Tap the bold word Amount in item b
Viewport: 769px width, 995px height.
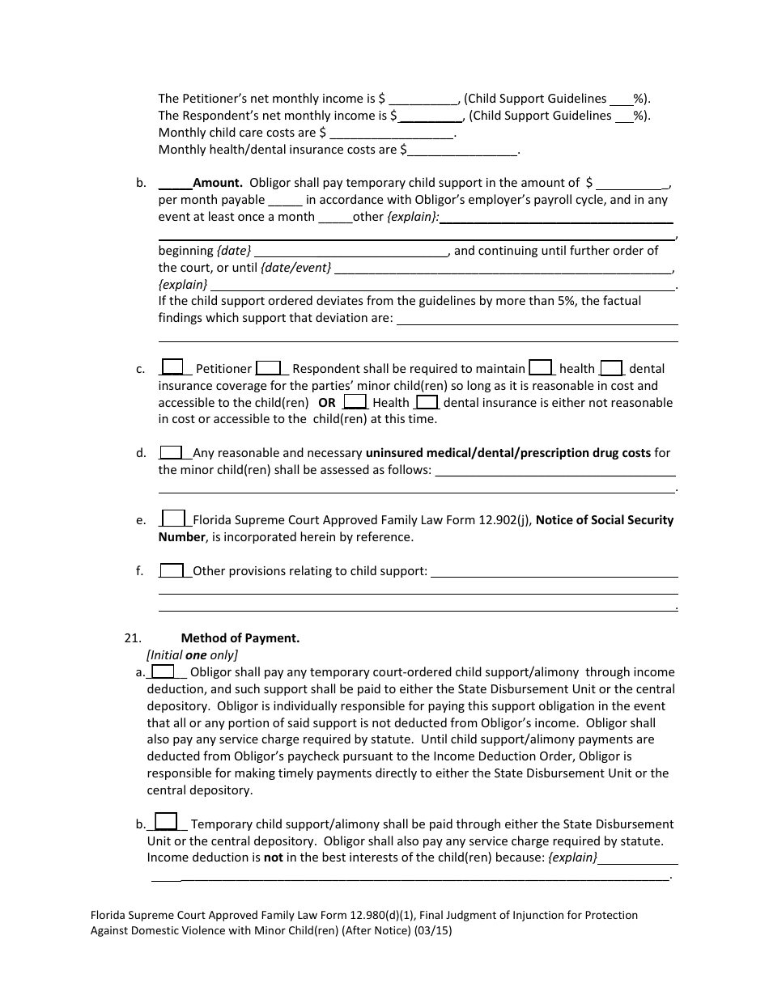[218, 183]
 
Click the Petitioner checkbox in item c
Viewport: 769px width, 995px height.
[172, 367]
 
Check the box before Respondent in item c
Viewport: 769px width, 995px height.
[269, 367]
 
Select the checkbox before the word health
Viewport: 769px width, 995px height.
[541, 367]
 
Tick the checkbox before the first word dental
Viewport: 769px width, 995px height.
[611, 367]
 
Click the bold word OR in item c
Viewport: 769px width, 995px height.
[326, 402]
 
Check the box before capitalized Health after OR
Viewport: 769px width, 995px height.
[355, 401]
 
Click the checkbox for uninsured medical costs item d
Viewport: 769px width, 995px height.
[171, 452]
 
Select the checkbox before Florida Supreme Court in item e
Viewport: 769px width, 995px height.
[173, 519]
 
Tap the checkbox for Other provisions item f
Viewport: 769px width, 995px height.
[171, 570]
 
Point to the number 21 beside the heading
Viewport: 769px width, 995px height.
[134, 637]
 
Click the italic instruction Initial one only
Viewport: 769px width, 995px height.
[193, 655]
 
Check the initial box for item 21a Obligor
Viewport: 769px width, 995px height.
[163, 671]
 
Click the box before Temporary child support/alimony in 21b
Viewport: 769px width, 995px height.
[166, 822]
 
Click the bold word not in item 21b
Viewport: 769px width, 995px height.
[274, 857]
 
